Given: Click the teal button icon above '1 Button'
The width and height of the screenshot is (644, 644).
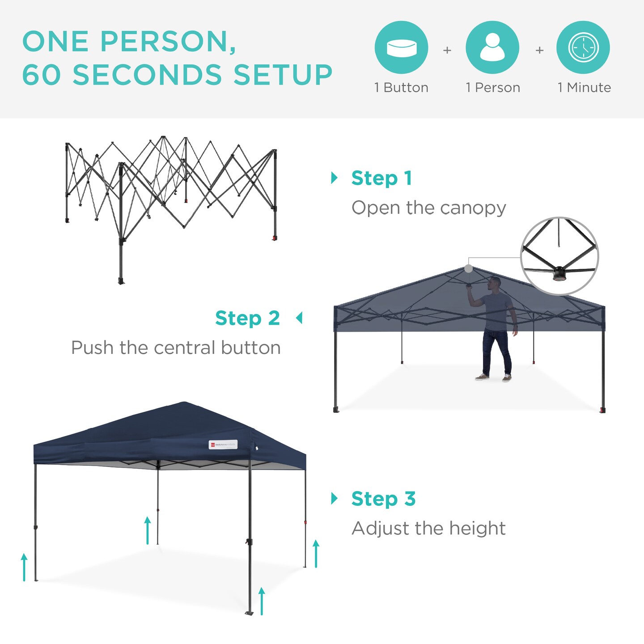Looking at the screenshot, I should (401, 47).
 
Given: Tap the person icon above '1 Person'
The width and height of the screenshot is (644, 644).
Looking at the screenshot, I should (492, 47).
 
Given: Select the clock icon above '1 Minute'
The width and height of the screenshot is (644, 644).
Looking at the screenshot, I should (583, 47).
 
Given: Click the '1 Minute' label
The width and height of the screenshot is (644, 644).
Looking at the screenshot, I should (584, 88).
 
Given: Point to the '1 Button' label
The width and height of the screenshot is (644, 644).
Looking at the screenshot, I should (401, 88).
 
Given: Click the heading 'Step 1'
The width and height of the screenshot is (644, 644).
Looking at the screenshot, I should (381, 178).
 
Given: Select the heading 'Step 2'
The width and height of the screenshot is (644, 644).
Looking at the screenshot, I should (247, 318).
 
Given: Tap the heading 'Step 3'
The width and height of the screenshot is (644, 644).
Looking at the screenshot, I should (383, 499).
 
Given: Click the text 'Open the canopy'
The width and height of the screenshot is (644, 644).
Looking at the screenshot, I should (428, 208).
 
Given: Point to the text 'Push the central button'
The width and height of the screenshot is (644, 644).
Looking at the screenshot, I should (176, 348).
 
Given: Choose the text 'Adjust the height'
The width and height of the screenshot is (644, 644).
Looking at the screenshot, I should (428, 529).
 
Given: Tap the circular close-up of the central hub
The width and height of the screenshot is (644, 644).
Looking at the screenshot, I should (559, 256).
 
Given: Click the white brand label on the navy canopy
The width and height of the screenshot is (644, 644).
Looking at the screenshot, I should (223, 445).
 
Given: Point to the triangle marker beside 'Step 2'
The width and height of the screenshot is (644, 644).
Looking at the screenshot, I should (299, 318).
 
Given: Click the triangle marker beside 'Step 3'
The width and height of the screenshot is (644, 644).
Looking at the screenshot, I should (334, 498).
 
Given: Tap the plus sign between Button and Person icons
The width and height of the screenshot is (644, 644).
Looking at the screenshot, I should (447, 51).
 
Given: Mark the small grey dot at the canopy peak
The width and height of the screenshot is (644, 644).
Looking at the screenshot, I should (468, 269).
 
